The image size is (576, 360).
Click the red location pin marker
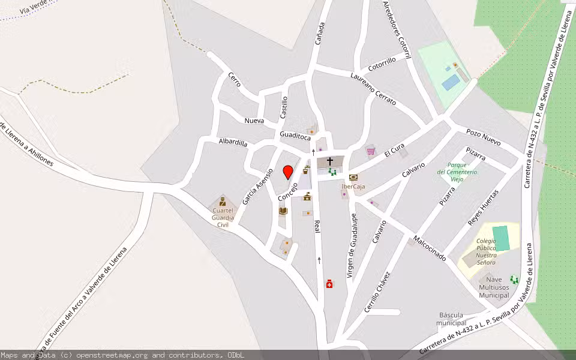(288, 172)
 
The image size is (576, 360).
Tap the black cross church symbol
(330, 161)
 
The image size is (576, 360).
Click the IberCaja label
(353, 186)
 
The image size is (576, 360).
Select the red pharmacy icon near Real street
(329, 284)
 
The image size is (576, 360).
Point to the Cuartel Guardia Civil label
(223, 217)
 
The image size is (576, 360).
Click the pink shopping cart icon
(371, 150)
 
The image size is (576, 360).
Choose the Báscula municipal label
(452, 319)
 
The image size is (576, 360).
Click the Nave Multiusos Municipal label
(494, 287)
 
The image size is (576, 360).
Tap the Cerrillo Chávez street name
(377, 292)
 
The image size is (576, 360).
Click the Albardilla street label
(233, 142)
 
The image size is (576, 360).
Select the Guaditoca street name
(294, 135)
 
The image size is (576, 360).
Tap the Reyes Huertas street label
(483, 208)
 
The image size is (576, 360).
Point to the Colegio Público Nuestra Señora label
(486, 251)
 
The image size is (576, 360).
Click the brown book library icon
(283, 211)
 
